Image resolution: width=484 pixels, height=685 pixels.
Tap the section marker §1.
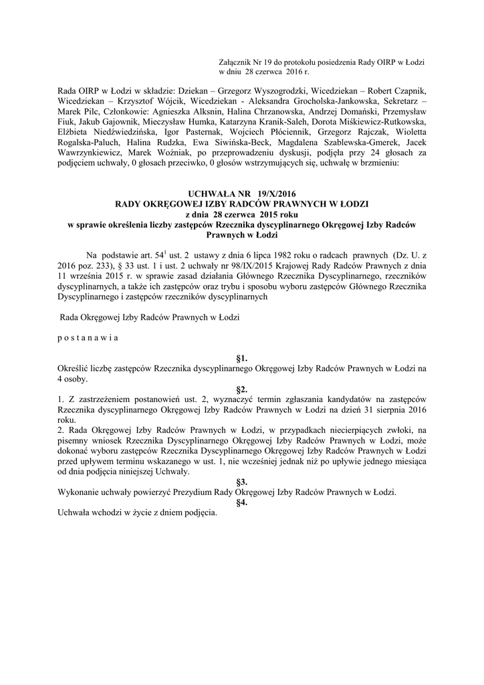coord(242,359)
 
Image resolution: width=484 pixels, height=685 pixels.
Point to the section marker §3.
coord(242,481)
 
